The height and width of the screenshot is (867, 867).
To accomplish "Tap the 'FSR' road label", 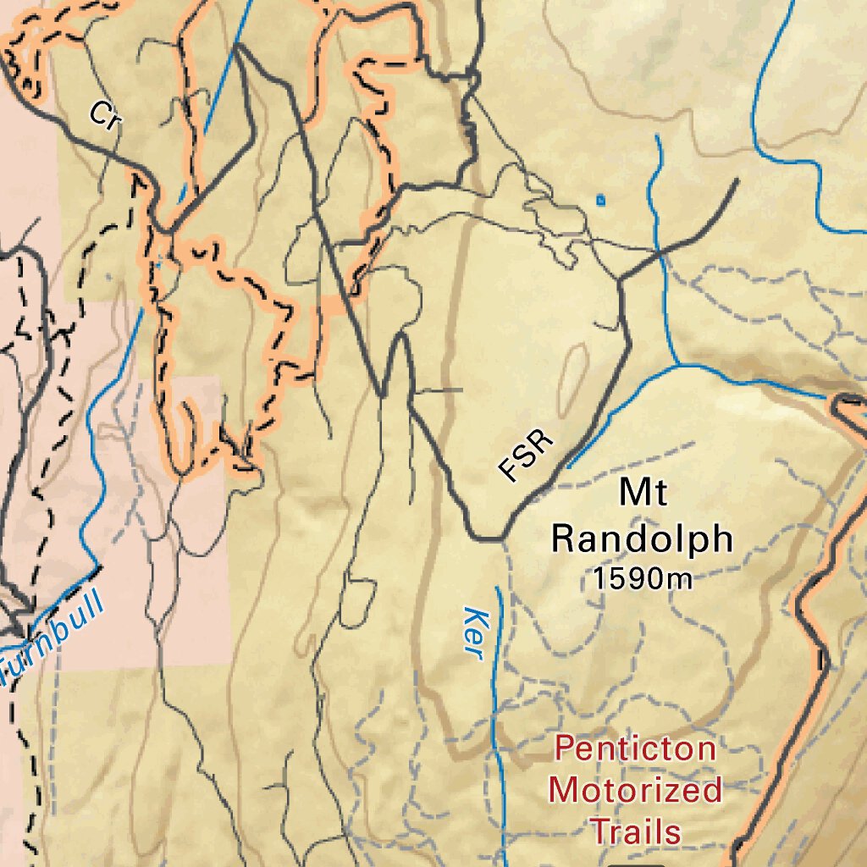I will tap(526, 456).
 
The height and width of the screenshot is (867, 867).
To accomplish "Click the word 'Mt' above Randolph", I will tap(643, 493).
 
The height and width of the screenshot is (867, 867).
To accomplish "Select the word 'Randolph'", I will tap(642, 538).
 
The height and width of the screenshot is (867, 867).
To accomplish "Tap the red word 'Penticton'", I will tap(635, 748).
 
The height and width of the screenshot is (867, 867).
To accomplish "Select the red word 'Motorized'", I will tap(635, 790).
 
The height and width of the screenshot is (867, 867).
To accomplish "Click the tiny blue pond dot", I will tap(600, 201).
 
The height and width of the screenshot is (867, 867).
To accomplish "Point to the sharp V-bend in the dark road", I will tap(383, 394).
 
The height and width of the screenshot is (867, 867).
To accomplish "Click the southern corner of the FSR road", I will tap(487, 538).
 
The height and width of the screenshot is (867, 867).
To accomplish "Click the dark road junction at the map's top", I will tap(239, 47).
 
